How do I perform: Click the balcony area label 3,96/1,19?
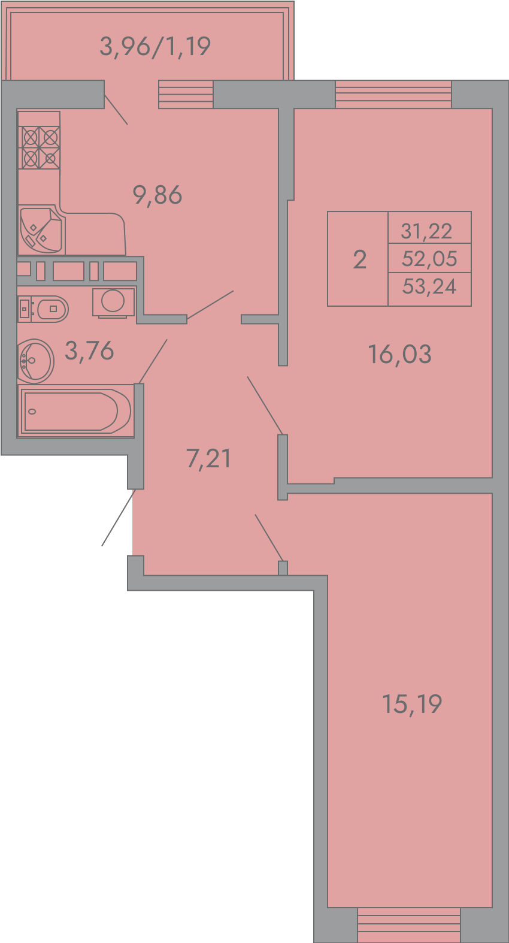(155, 47)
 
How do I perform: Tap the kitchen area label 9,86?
(157, 195)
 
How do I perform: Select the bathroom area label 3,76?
(89, 350)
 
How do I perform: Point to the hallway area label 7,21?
(208, 458)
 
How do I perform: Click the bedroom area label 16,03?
(399, 354)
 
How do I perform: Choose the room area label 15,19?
(412, 703)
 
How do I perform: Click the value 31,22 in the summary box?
(426, 231)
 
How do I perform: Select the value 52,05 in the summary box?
(429, 258)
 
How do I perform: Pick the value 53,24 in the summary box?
(429, 286)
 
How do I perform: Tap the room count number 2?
(360, 260)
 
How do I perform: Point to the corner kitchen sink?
(41, 230)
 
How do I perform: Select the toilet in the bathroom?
(43, 309)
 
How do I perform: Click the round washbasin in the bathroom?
(36, 361)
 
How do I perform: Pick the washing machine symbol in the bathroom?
(113, 302)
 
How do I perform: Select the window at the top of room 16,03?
(393, 94)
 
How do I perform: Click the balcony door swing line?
(116, 110)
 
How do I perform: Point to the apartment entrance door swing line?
(118, 518)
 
